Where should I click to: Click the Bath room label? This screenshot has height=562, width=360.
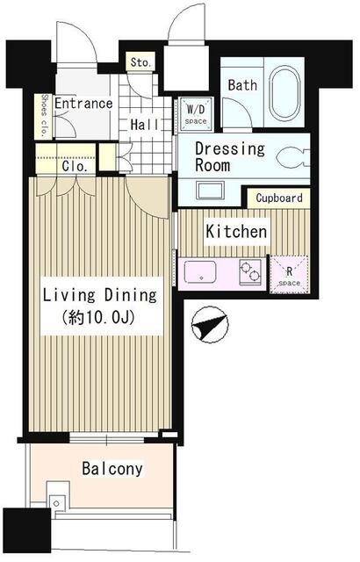pos(242,85)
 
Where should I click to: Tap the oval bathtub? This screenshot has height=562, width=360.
pos(284,91)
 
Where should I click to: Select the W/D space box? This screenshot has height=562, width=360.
pos(196,112)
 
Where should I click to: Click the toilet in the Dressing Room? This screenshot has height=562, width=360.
pos(292,158)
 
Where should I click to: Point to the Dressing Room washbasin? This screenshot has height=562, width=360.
pos(210,191)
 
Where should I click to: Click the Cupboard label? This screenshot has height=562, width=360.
pos(279,198)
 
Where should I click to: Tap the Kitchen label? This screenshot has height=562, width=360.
pos(236,232)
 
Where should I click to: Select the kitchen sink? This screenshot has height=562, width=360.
pos(200,272)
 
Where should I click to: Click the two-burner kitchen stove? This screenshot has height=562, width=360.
pos(250,271)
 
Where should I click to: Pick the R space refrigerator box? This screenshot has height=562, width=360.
pos(289,275)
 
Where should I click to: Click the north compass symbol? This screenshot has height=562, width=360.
pos(210,324)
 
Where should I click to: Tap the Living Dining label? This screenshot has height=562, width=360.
pos(100,296)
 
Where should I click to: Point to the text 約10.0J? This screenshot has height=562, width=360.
pos(98,317)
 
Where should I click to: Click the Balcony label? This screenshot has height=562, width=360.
pos(112,468)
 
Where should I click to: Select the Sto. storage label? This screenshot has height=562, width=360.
pos(140,62)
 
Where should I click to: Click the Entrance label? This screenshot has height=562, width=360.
pos(83,104)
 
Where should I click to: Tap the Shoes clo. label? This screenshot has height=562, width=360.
pos(44,117)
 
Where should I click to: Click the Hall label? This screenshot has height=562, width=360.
pos(144,125)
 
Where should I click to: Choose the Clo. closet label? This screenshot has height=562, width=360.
pos(75,166)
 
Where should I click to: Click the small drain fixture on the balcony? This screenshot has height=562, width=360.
pos(56,503)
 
